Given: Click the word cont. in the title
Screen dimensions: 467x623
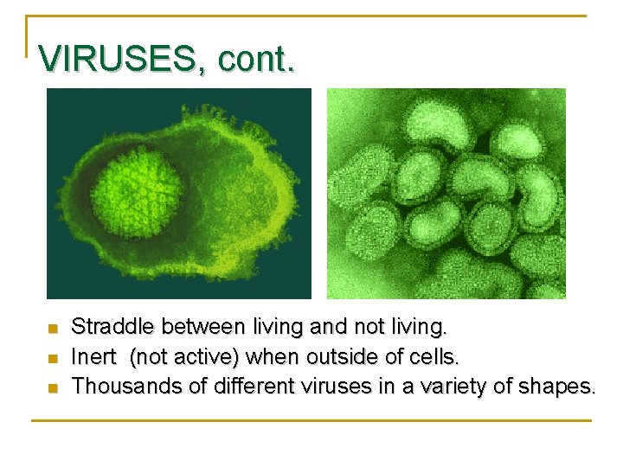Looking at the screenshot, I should tap(256, 59).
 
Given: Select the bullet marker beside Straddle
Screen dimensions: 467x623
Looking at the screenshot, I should tap(51, 329).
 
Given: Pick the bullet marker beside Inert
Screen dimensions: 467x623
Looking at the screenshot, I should tap(51, 358).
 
